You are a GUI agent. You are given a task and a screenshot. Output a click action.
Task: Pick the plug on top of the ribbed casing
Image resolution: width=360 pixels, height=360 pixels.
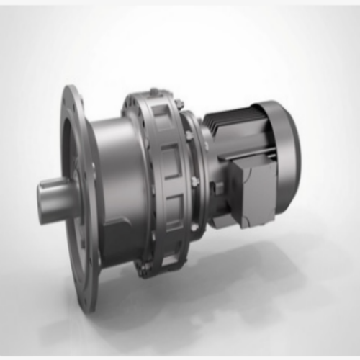(x=153, y=91)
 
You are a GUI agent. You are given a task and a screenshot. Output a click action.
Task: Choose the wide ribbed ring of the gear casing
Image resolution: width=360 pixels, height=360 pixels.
(x=155, y=180)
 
